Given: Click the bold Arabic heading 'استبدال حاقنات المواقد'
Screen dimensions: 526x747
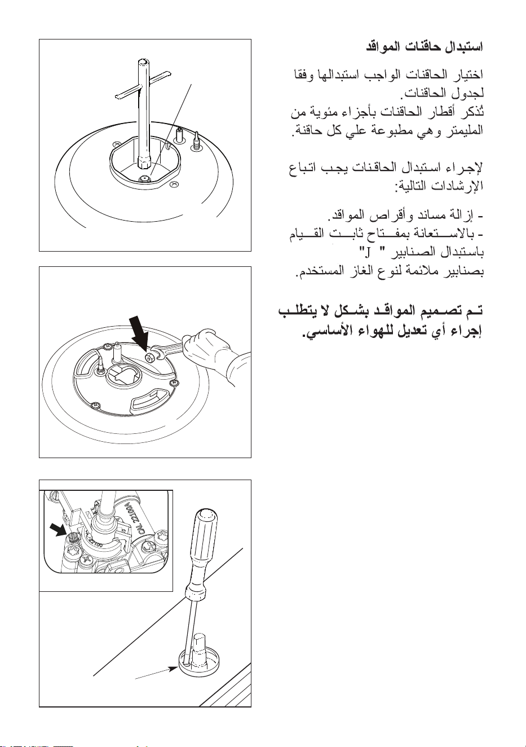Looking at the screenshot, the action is coord(424,47).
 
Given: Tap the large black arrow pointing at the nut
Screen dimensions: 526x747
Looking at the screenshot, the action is coord(139,333).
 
